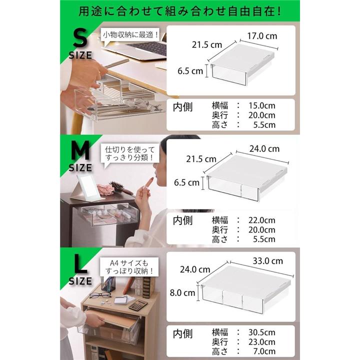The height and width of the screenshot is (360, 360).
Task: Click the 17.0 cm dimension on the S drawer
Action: tap(262, 36)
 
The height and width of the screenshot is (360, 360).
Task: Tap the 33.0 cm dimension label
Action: tap(267, 261)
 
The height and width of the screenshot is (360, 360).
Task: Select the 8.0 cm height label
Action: tap(182, 292)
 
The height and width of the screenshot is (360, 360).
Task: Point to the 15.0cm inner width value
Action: tap(261, 105)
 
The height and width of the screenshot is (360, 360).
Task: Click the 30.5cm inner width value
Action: tap(261, 332)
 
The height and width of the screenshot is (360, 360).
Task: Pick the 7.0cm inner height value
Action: tap(264, 351)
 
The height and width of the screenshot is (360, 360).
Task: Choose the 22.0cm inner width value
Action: tap(261, 220)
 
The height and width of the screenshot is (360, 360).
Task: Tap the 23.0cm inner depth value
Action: tap(261, 342)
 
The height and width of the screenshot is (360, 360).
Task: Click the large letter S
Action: tap(80, 38)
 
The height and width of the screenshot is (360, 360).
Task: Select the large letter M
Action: tap(80, 150)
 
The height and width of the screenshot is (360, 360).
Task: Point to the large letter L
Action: tap(80, 264)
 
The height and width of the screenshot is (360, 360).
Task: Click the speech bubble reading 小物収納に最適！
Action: tap(130, 36)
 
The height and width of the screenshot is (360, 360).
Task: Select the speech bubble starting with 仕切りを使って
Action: tap(130, 154)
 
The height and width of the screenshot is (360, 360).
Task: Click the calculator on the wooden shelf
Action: tap(138, 305)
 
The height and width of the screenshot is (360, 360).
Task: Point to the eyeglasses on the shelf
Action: tap(100, 295)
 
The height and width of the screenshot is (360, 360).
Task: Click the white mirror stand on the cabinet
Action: tap(85, 187)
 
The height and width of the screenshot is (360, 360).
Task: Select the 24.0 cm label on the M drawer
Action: tap(264, 149)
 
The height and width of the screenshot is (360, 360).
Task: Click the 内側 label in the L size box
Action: tap(183, 334)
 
